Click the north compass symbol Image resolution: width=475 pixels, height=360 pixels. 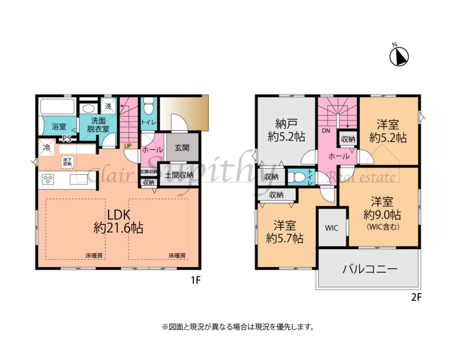pyautogui.click(x=399, y=56)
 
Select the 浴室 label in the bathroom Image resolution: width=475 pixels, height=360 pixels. pyautogui.click(x=59, y=127)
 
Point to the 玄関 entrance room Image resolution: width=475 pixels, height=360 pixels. pyautogui.click(x=182, y=148)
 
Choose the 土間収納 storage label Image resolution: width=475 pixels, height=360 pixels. pyautogui.click(x=179, y=175)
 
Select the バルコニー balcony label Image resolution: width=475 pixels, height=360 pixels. pyautogui.click(x=370, y=269)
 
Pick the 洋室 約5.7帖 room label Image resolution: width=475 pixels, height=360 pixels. pyautogui.click(x=285, y=232)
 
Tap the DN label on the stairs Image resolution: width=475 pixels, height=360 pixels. pyautogui.click(x=325, y=130)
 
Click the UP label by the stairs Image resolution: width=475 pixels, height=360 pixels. pyautogui.click(x=128, y=145)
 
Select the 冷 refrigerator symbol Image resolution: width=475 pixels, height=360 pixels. pyautogui.click(x=46, y=148)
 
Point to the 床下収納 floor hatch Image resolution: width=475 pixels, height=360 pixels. pyautogui.click(x=67, y=162)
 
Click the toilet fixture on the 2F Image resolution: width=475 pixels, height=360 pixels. pyautogui.click(x=298, y=177)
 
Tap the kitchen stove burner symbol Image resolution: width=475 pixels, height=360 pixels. pyautogui.click(x=48, y=180)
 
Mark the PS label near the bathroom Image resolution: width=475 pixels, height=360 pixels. pyautogui.click(x=66, y=138)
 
